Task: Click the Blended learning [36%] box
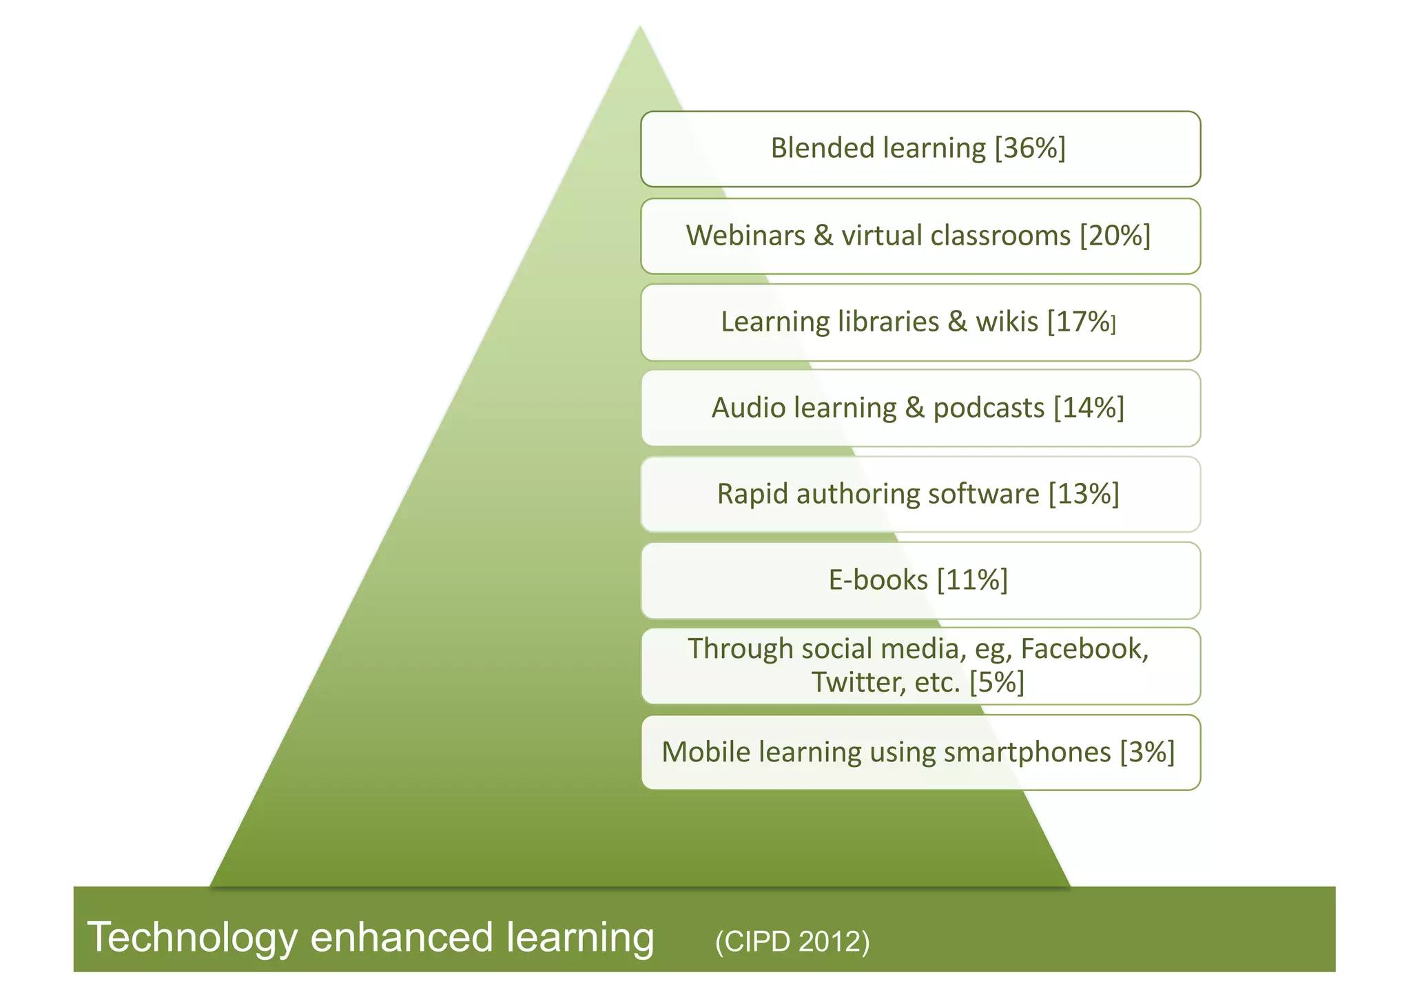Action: tap(920, 149)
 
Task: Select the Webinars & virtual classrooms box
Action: tap(920, 236)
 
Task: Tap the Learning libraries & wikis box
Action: tap(920, 322)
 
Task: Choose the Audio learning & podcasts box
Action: tap(920, 408)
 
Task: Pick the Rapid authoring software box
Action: tap(920, 494)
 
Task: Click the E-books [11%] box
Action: tap(920, 580)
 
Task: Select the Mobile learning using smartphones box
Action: tap(920, 752)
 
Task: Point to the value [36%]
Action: tap(1030, 148)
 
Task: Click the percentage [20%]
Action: tap(1115, 236)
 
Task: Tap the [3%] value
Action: tap(1147, 752)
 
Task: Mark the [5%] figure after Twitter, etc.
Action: tap(996, 682)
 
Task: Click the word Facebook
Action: tap(1084, 649)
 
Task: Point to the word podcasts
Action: tap(989, 408)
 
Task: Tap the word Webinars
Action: tap(745, 236)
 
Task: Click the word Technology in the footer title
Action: tap(192, 938)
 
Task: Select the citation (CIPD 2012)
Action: tap(792, 941)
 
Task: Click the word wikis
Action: tap(1007, 322)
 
